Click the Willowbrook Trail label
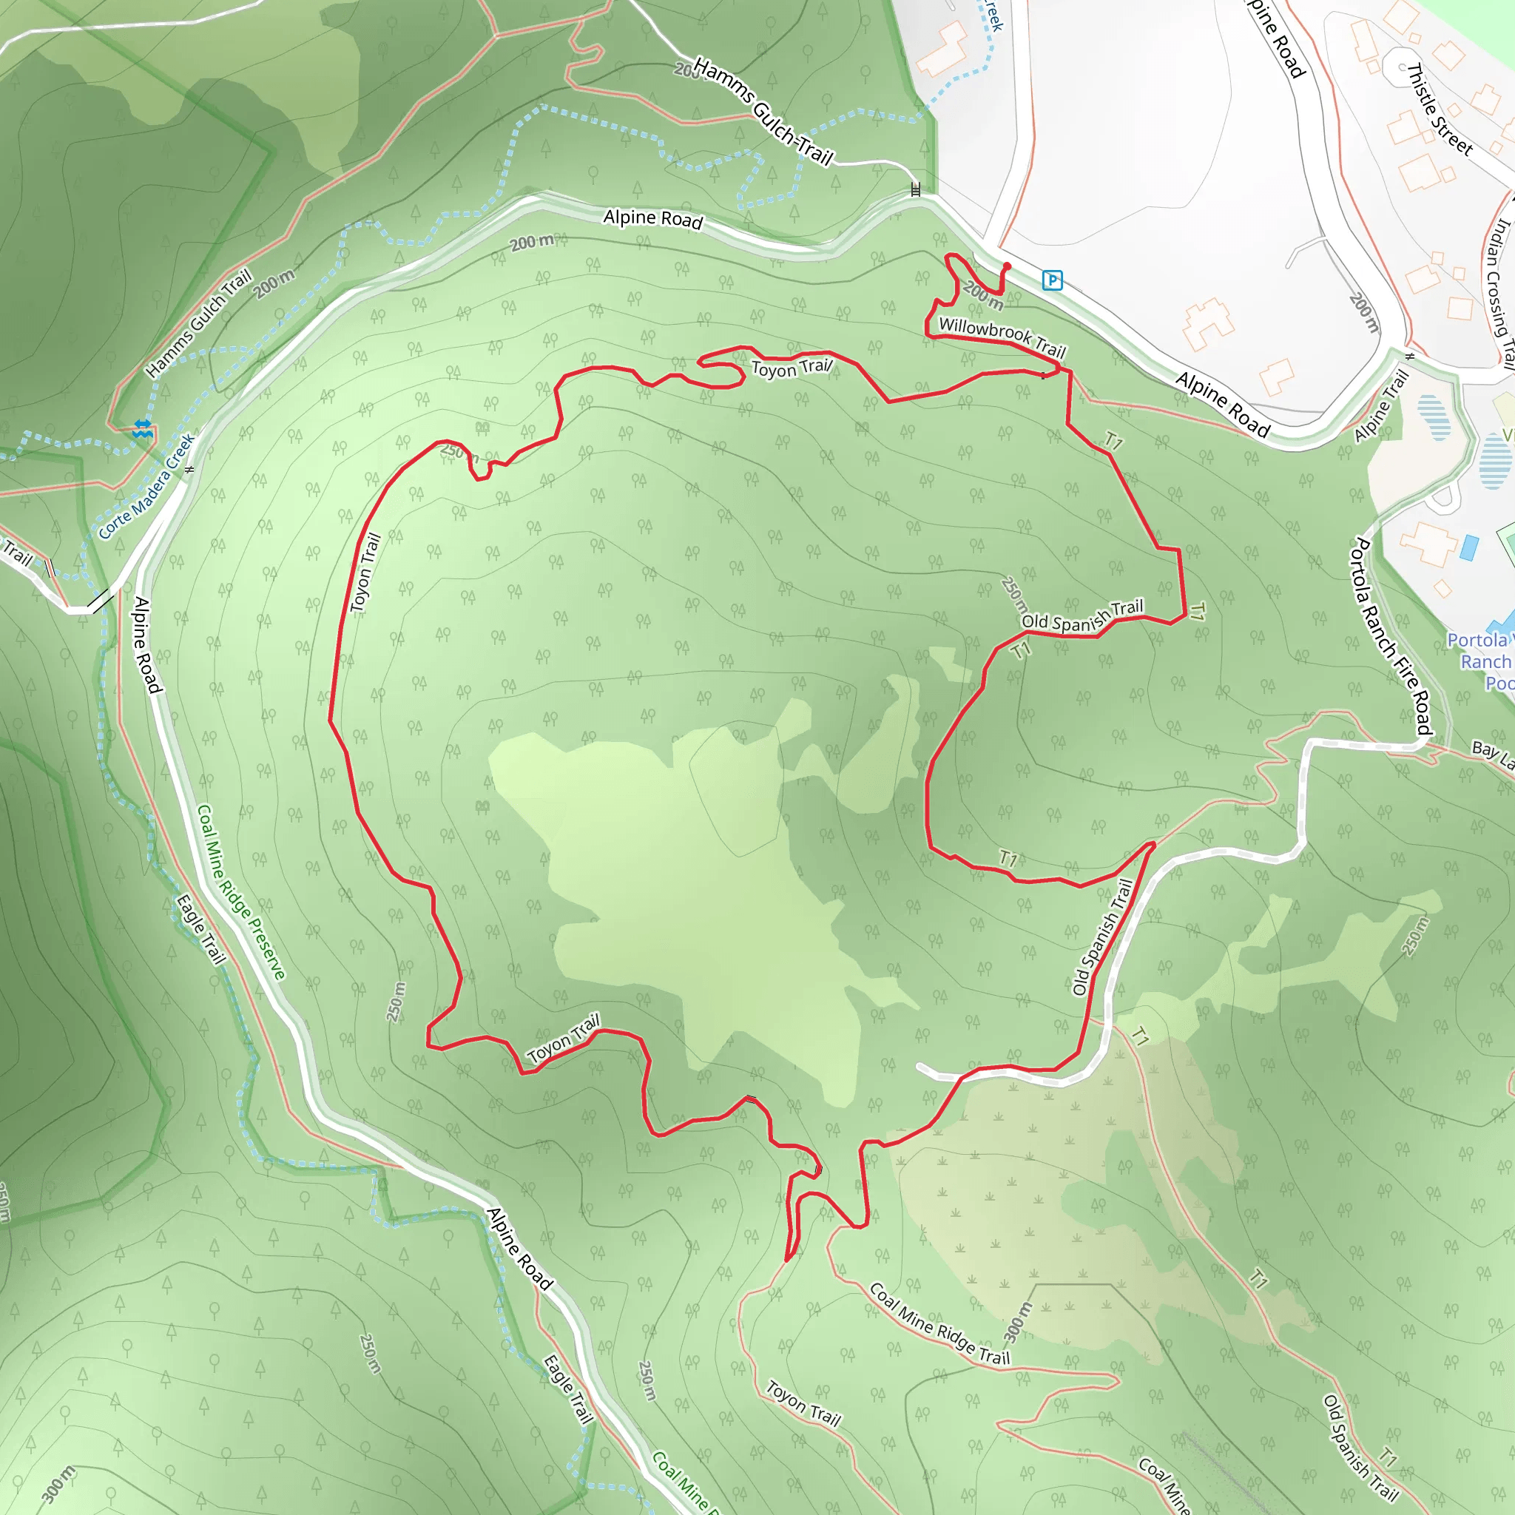pyautogui.click(x=1002, y=337)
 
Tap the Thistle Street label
pyautogui.click(x=1440, y=109)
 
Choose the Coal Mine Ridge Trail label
pyautogui.click(x=939, y=1324)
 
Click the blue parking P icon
pyautogui.click(x=1053, y=280)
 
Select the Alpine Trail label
pyautogui.click(x=1382, y=405)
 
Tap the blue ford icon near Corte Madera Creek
pyautogui.click(x=142, y=428)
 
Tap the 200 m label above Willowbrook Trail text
pyautogui.click(x=982, y=295)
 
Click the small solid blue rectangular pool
pyautogui.click(x=1468, y=547)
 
